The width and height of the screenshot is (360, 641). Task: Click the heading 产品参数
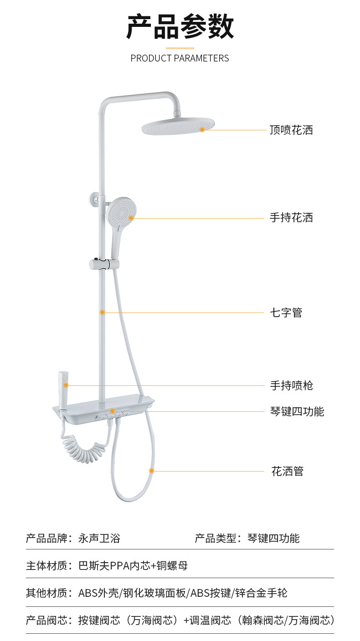pyautogui.click(x=180, y=27)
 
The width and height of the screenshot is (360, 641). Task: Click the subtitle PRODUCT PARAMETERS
pyautogui.click(x=180, y=58)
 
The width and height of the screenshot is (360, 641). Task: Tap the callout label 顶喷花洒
pyautogui.click(x=291, y=130)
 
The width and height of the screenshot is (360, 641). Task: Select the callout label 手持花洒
pyautogui.click(x=291, y=218)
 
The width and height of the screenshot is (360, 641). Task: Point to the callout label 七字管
pyautogui.click(x=286, y=313)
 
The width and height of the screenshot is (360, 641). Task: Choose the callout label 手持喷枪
pyautogui.click(x=291, y=386)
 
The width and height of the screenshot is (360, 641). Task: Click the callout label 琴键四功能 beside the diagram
pyautogui.click(x=297, y=412)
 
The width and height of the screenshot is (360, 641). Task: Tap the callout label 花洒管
pyautogui.click(x=287, y=471)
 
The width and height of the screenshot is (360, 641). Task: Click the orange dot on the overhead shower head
pyautogui.click(x=202, y=130)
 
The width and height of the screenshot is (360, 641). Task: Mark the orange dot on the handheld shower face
pyautogui.click(x=131, y=218)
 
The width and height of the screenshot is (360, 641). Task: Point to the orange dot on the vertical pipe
pyautogui.click(x=103, y=313)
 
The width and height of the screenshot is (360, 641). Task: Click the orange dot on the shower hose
pyautogui.click(x=152, y=471)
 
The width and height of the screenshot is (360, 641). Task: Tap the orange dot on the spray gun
pyautogui.click(x=66, y=385)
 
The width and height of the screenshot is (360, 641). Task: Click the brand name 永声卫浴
pyautogui.click(x=99, y=538)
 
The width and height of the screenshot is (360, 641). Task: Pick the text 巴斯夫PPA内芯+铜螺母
pyautogui.click(x=133, y=566)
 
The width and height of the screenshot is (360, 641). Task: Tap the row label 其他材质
pyautogui.click(x=46, y=593)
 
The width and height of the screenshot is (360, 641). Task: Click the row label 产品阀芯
pyautogui.click(x=46, y=620)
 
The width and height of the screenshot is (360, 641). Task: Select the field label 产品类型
pyautogui.click(x=216, y=538)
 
